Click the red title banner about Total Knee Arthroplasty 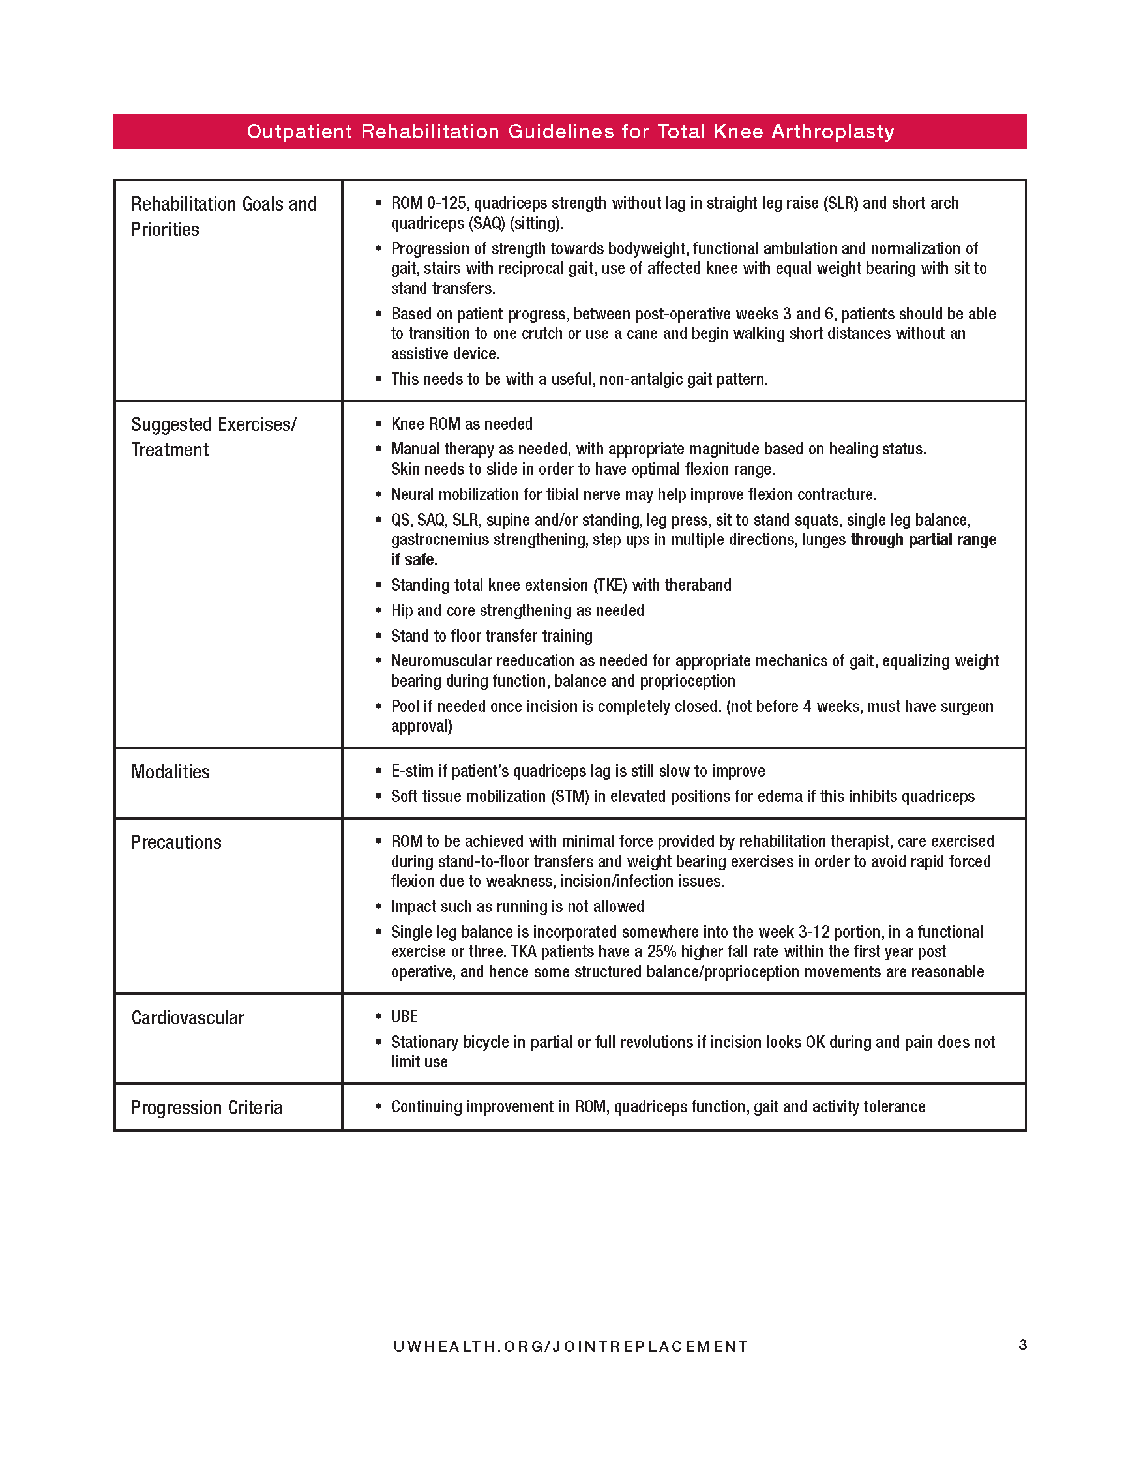pos(570,132)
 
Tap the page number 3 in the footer pos(1022,1344)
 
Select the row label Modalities pos(171,772)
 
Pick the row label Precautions pos(176,842)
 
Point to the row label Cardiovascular pos(187,1018)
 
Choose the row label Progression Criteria pos(206,1108)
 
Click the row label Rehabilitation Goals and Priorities pos(224,216)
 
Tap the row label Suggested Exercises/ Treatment pos(214,437)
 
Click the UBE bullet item pos(404,1016)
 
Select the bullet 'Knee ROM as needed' pos(462,424)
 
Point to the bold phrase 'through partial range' pos(923,539)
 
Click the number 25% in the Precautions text pos(662,952)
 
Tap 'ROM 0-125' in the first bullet pos(428,203)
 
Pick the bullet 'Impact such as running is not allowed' pos(517,906)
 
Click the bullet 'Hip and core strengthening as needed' pos(517,610)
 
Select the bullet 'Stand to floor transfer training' pos(492,636)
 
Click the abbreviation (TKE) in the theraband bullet pos(610,585)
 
